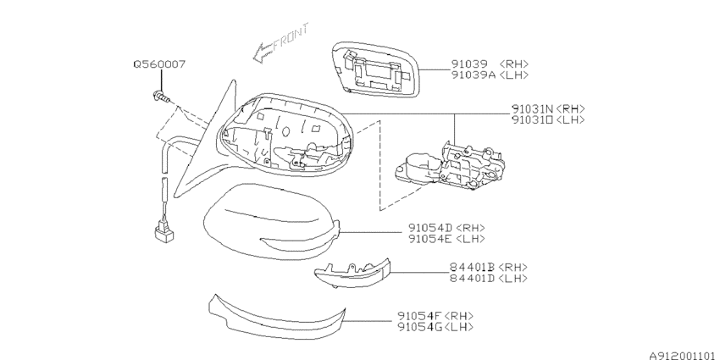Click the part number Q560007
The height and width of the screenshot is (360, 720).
tap(160, 64)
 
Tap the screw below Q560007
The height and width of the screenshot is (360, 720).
tap(161, 97)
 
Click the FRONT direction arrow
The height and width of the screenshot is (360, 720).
tap(280, 43)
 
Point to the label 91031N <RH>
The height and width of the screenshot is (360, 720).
tap(548, 109)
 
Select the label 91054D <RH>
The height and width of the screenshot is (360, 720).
tap(446, 228)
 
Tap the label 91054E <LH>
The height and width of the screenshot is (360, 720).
tap(446, 238)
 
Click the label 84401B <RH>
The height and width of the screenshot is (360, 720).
tap(489, 267)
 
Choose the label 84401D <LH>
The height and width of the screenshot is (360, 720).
tap(489, 279)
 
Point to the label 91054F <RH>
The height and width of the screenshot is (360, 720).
tap(435, 316)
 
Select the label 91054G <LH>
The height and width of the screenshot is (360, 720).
tap(435, 327)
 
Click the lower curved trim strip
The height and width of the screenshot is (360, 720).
tap(275, 319)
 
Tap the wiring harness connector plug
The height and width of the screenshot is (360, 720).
tap(164, 231)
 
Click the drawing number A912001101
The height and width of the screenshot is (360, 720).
tap(684, 356)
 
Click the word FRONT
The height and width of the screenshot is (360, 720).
tap(291, 37)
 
